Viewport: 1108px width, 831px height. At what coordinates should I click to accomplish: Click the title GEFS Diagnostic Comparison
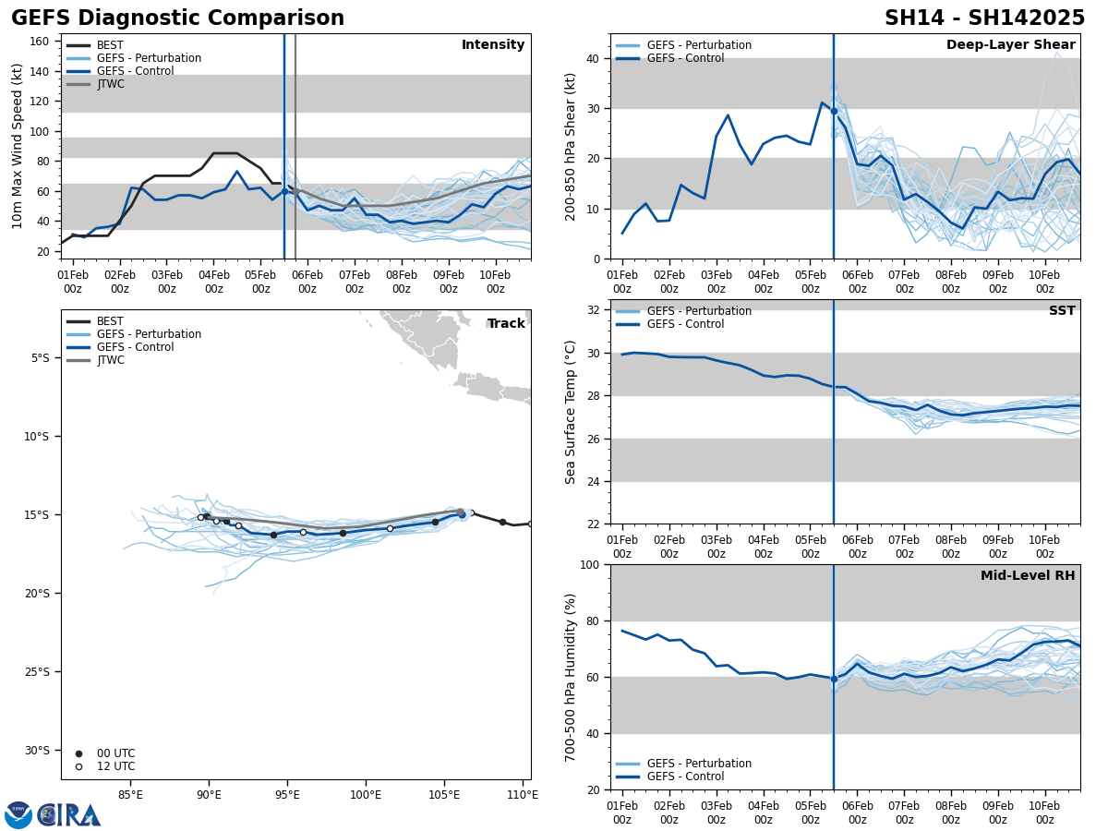(177, 18)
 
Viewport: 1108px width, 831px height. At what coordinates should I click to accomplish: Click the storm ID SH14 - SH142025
(984, 18)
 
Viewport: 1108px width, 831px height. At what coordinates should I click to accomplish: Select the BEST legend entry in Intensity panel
(110, 45)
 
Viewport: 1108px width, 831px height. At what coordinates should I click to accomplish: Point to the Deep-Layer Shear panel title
(1010, 45)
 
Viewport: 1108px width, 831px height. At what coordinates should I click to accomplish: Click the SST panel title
(1062, 311)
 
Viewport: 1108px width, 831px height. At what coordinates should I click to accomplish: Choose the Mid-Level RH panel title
(1028, 576)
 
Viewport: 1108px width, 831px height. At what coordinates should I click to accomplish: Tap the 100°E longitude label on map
(366, 794)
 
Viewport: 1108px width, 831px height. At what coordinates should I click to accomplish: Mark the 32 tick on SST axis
(595, 310)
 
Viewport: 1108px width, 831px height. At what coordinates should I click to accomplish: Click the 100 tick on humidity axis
(588, 565)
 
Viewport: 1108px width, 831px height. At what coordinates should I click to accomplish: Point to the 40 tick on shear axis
(595, 58)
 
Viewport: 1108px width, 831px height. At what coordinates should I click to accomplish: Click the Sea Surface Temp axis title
(571, 412)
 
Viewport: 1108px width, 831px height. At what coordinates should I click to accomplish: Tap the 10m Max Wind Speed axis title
(18, 146)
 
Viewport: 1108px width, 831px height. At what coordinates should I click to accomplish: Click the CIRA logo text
(69, 815)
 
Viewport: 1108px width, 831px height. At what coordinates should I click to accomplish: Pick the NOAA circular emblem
(18, 814)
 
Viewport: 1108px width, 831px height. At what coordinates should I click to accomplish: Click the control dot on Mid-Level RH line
(834, 679)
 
